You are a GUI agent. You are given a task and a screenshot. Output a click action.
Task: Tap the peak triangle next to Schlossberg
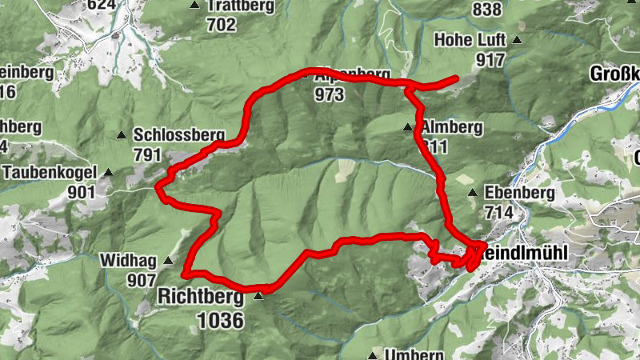click(122, 134)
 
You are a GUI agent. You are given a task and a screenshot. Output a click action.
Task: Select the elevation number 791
click(147, 155)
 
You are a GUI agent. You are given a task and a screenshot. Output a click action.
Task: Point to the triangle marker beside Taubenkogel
click(108, 172)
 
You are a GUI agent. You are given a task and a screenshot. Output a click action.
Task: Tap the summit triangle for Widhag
click(168, 260)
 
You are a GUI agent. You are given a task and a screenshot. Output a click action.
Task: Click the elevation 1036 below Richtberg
click(220, 319)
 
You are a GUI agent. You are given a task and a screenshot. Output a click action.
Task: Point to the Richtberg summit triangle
click(258, 296)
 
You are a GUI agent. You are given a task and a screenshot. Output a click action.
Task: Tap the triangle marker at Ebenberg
click(473, 193)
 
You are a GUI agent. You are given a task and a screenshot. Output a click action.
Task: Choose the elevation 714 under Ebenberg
click(499, 213)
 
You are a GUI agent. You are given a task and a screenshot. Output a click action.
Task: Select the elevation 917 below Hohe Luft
click(490, 60)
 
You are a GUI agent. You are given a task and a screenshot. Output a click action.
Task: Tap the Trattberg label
click(240, 6)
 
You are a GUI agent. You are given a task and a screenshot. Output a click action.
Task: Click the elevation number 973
click(329, 95)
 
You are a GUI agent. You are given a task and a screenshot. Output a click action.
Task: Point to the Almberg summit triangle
click(408, 126)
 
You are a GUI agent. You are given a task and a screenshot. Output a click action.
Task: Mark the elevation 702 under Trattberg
click(221, 25)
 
